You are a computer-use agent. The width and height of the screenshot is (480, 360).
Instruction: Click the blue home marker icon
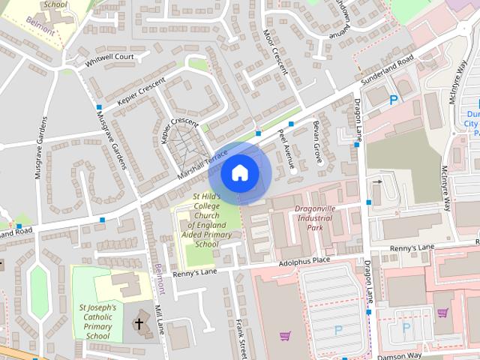[239, 172]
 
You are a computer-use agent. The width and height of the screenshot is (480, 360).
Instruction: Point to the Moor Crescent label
[276, 52]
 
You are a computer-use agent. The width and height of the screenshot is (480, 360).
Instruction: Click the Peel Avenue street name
[284, 147]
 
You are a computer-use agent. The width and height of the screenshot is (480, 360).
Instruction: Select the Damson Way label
[400, 355]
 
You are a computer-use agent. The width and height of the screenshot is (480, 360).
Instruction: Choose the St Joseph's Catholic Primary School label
[98, 322]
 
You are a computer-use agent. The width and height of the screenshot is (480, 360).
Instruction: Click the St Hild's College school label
[206, 220]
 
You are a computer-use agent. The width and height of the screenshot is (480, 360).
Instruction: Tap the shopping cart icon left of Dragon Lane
[284, 335]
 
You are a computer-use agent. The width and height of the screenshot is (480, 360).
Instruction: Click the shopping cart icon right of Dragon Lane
[443, 313]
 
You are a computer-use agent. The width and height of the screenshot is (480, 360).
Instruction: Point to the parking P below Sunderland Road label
[394, 100]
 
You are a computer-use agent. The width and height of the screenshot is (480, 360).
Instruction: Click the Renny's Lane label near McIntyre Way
[412, 247]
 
